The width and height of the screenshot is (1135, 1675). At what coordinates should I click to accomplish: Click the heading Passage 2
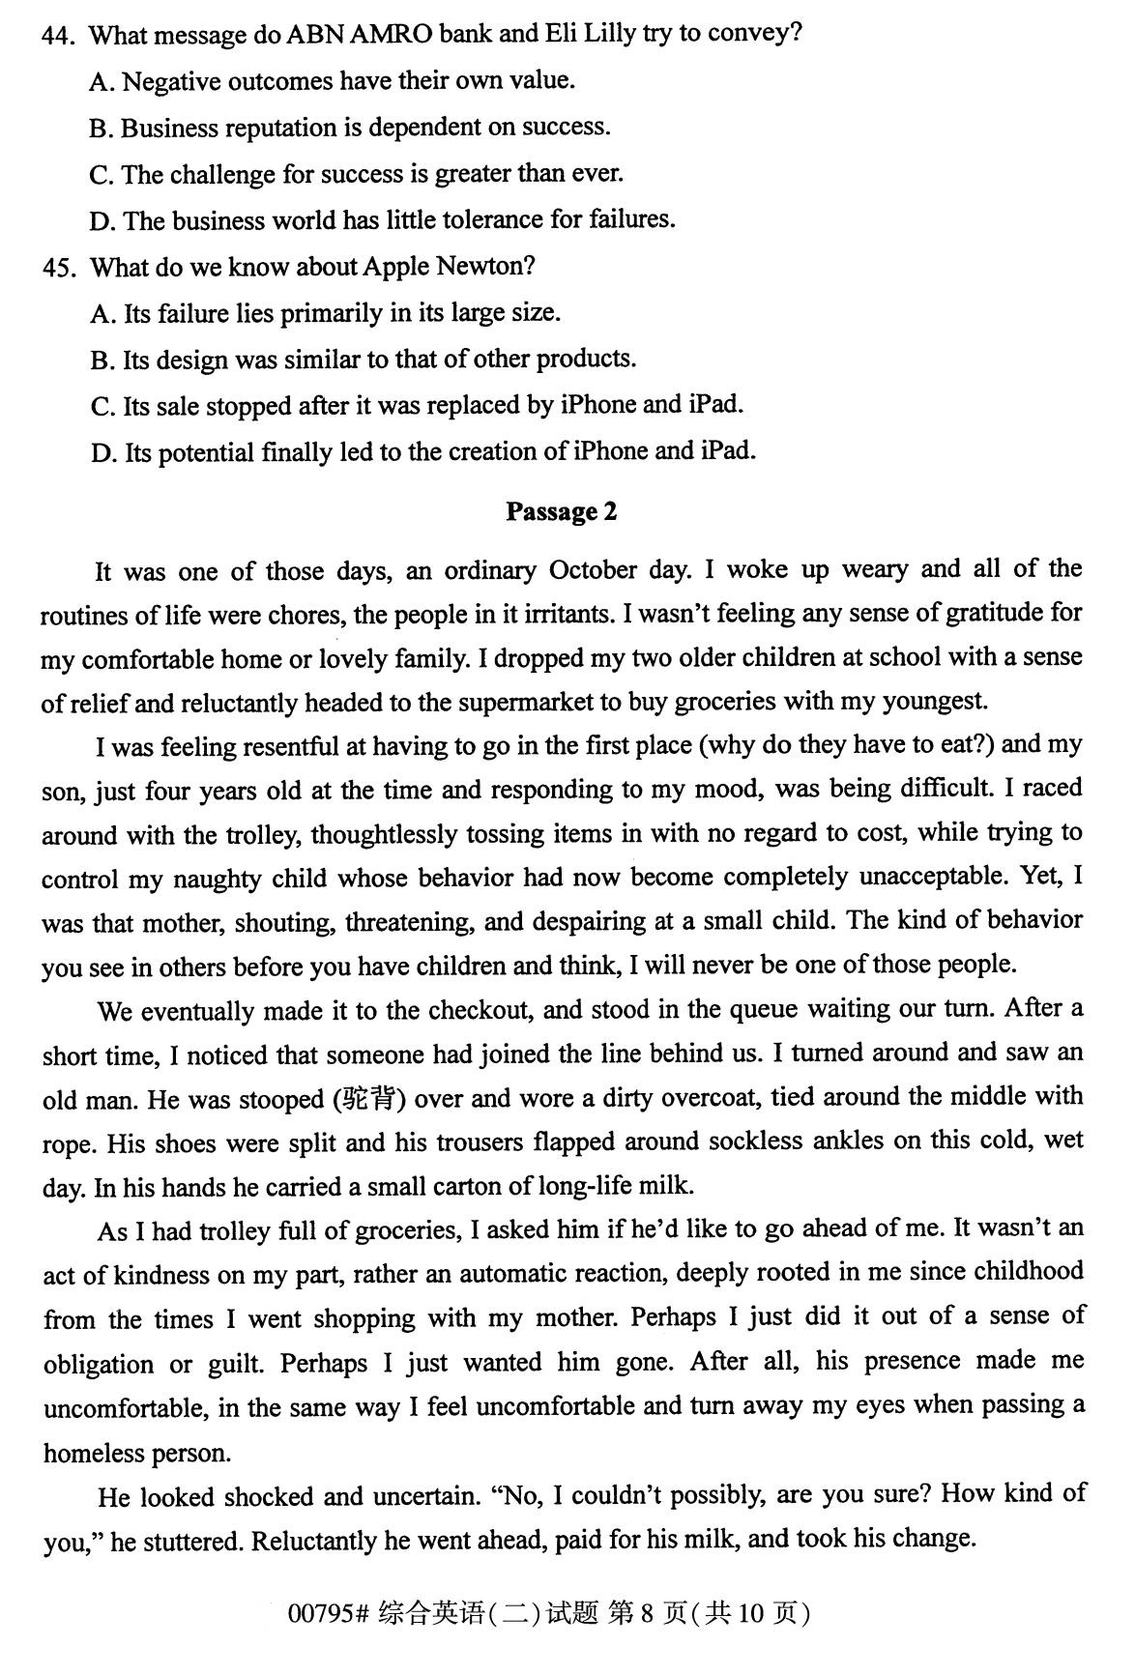tap(561, 511)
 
